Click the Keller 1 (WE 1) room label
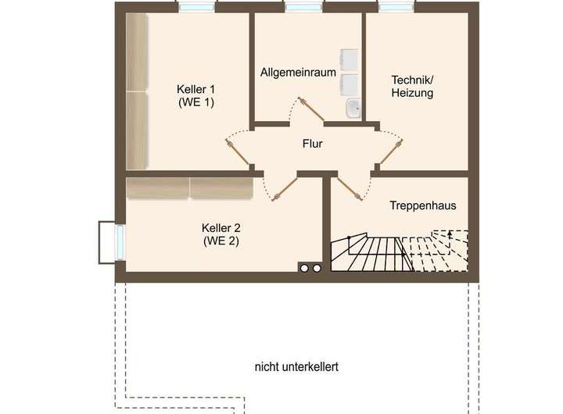coord(195,95)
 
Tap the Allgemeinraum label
coord(298,73)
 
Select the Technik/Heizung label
coord(412,86)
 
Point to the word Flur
coord(312,144)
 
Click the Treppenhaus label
coord(422,205)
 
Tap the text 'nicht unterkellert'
coord(296,366)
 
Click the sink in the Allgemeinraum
coord(352,107)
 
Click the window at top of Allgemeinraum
coord(302,6)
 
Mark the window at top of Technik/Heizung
coord(397,6)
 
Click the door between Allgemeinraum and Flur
coord(310,109)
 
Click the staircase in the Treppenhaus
coord(399,252)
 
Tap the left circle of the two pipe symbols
coord(304,268)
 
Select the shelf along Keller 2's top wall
coord(189,187)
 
